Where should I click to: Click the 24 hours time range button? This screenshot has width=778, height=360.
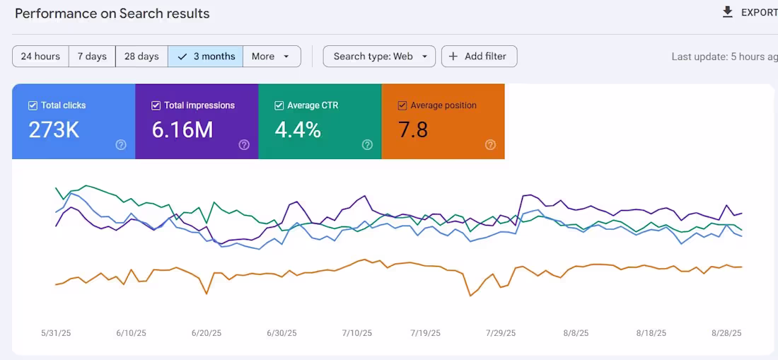pyautogui.click(x=40, y=57)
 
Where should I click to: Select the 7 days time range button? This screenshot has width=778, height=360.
pyautogui.click(x=92, y=57)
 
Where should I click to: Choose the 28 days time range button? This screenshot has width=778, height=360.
pyautogui.click(x=141, y=57)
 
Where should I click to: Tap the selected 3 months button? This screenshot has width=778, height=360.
pyautogui.click(x=206, y=57)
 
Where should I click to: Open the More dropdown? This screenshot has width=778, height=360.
pyautogui.click(x=271, y=57)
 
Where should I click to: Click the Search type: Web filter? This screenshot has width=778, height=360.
pyautogui.click(x=379, y=57)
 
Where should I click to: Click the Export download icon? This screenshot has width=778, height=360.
pyautogui.click(x=727, y=12)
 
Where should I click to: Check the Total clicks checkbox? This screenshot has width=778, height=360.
pyautogui.click(x=33, y=105)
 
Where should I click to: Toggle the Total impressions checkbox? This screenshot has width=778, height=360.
pyautogui.click(x=156, y=105)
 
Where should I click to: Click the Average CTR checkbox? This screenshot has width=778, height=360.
pyautogui.click(x=279, y=105)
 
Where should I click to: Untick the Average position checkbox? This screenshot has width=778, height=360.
pyautogui.click(x=402, y=105)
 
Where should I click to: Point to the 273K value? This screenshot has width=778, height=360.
pyautogui.click(x=54, y=130)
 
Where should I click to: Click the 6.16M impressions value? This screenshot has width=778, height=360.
pyautogui.click(x=182, y=130)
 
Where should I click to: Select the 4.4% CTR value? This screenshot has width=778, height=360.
pyautogui.click(x=298, y=130)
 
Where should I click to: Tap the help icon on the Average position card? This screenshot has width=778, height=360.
pyautogui.click(x=490, y=145)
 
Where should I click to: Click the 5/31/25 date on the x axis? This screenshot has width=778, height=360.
pyautogui.click(x=56, y=333)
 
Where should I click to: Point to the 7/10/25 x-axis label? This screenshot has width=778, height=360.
pyautogui.click(x=356, y=333)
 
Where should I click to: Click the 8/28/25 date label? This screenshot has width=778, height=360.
pyautogui.click(x=726, y=333)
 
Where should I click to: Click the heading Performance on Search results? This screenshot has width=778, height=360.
pyautogui.click(x=112, y=13)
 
